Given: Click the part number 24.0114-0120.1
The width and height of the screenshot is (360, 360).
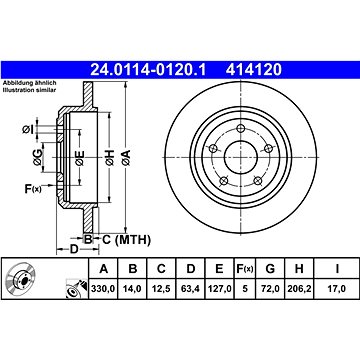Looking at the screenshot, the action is click(x=148, y=70).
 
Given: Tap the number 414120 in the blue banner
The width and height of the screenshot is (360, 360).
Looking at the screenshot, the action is click(x=254, y=70).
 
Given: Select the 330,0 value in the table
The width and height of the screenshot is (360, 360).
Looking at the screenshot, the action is click(x=103, y=288).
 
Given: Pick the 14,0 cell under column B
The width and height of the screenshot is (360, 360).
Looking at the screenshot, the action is click(x=133, y=288).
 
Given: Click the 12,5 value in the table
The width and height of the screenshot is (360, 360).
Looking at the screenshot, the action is click(x=161, y=288).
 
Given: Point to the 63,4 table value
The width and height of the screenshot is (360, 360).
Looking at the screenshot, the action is click(x=190, y=288).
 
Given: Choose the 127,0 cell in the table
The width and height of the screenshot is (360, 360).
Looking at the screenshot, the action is click(x=219, y=288).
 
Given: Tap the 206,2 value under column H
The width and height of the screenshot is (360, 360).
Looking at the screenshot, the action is click(x=299, y=288).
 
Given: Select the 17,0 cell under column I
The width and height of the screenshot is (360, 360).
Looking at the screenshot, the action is click(x=337, y=288).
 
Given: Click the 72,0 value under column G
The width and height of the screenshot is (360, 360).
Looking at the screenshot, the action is click(x=270, y=288).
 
